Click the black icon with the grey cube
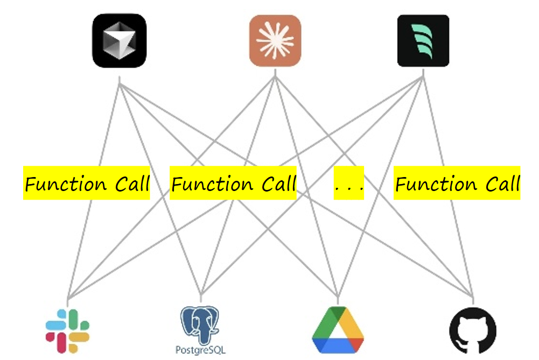(x=120, y=40)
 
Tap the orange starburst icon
(x=275, y=40)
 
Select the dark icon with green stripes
(x=423, y=40)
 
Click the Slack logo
(x=67, y=331)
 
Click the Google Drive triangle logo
(x=338, y=330)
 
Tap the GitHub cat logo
(x=473, y=330)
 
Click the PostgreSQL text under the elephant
(x=200, y=350)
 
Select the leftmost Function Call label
(x=87, y=183)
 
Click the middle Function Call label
(x=233, y=183)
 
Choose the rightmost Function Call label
(x=457, y=183)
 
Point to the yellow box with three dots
(x=349, y=183)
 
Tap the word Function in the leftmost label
(x=66, y=184)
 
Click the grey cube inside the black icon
(x=120, y=40)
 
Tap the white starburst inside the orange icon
(x=275, y=41)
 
